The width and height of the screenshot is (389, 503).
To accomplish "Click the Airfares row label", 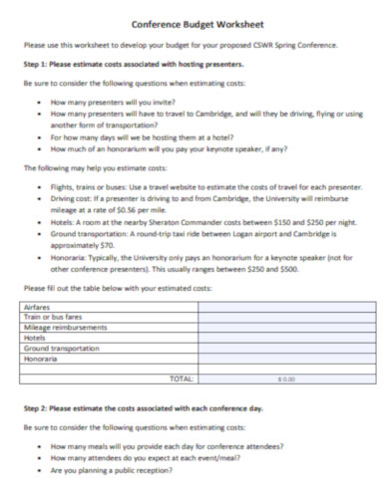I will click(x=36, y=308).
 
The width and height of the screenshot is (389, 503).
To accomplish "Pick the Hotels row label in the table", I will click(x=33, y=338).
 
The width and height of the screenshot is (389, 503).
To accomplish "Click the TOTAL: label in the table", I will click(x=183, y=377).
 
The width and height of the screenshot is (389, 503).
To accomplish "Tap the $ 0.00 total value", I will click(x=286, y=378).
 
